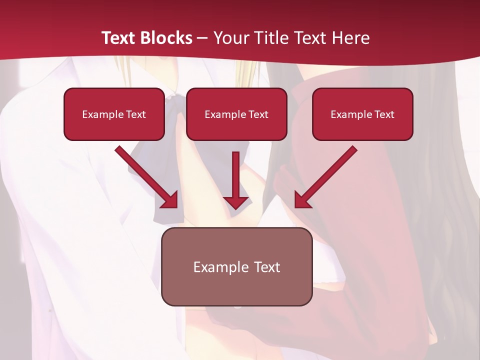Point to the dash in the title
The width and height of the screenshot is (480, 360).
(202, 38)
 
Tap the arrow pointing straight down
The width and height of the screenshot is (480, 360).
(236, 175)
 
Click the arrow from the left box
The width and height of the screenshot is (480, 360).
(145, 175)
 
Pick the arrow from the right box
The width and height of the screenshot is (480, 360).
(327, 175)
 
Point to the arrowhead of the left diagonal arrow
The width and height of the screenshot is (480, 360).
(170, 200)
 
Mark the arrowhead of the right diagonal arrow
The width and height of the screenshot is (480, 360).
(302, 200)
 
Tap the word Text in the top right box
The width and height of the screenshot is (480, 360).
(383, 114)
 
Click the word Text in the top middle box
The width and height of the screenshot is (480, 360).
(257, 114)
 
